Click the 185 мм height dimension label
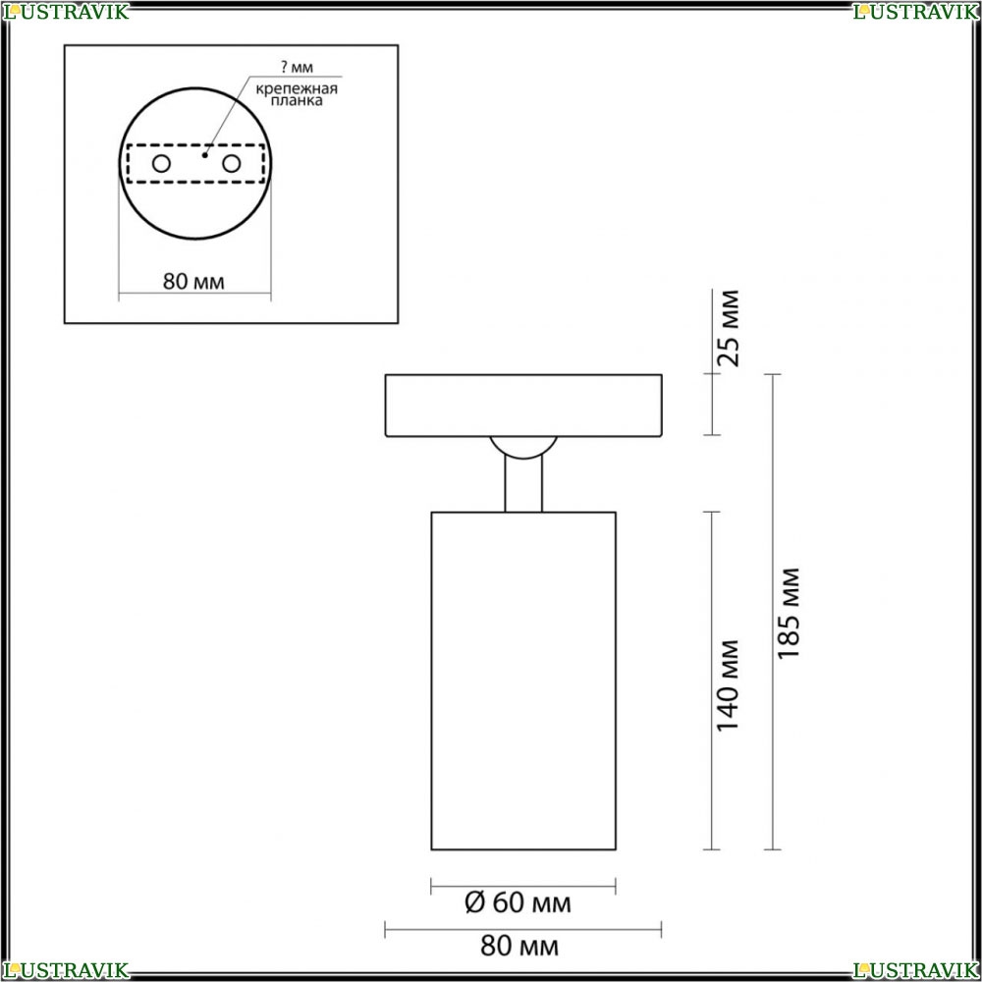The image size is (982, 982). (789, 613)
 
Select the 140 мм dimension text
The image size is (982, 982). (728, 685)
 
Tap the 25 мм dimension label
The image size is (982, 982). (728, 328)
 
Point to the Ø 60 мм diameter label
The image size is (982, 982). (518, 902)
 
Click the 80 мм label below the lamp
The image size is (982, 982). (519, 946)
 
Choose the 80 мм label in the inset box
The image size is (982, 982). (193, 282)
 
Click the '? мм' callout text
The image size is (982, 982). (297, 67)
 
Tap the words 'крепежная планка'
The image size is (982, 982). (297, 94)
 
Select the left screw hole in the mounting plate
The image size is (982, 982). (161, 164)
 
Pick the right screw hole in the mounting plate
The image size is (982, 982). (231, 164)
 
